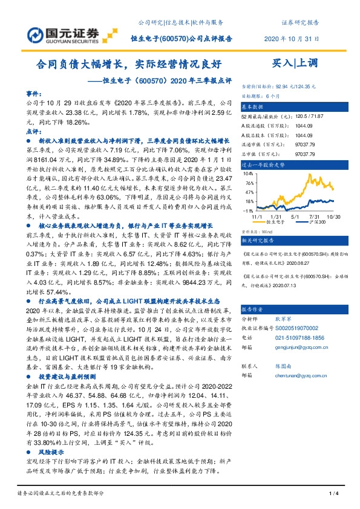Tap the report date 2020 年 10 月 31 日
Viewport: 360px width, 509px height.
(292, 39)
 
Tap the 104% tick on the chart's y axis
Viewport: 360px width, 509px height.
(248, 173)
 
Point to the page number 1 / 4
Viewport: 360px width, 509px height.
(332, 494)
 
